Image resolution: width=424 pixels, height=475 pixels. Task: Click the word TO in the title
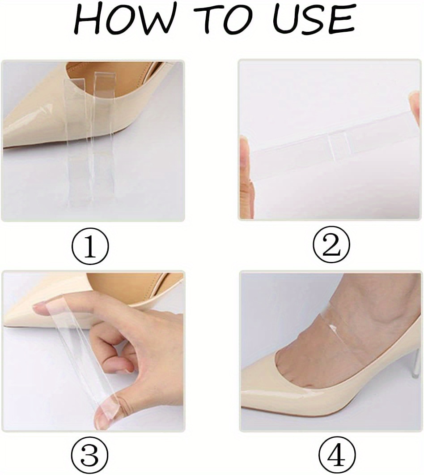pyautogui.click(x=217, y=20)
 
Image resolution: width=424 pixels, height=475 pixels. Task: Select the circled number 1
pyautogui.click(x=90, y=247)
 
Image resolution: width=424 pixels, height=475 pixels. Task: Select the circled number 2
pyautogui.click(x=331, y=247)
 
